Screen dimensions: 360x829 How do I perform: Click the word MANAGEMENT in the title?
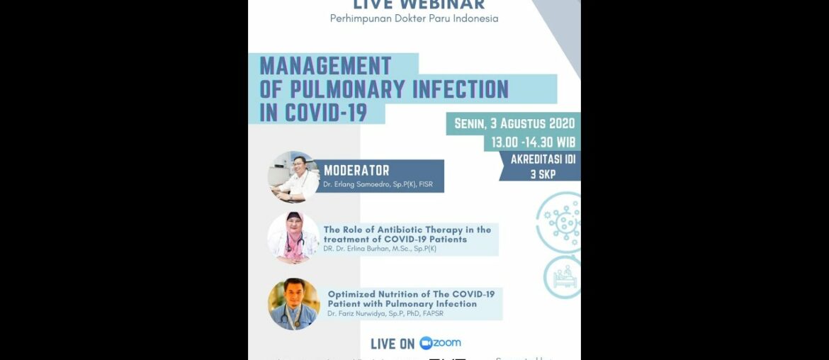[325, 66]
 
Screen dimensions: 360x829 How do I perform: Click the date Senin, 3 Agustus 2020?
[514, 123]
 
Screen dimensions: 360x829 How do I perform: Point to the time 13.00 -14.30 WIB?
[534, 142]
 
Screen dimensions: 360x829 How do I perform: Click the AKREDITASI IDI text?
[543, 159]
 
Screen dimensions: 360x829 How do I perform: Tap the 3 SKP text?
[543, 173]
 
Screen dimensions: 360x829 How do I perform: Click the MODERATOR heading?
[356, 171]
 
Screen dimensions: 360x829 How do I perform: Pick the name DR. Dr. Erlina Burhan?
[361, 249]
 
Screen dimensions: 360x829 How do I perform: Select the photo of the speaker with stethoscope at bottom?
[293, 303]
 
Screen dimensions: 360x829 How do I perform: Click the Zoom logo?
[440, 343]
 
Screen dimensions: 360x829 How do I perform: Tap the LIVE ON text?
[393, 344]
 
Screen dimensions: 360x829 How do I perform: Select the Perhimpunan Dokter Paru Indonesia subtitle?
[414, 18]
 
